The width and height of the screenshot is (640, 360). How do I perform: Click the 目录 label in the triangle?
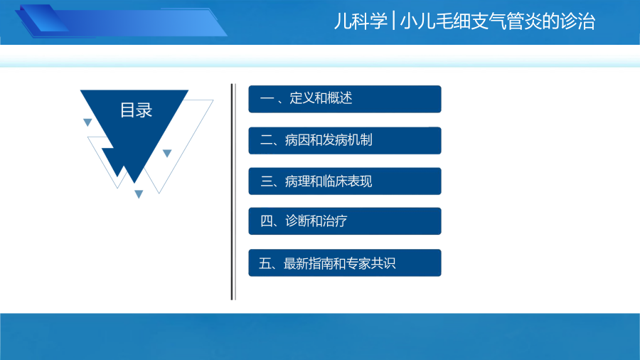click(x=136, y=110)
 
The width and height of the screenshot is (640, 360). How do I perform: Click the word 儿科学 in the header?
click(x=361, y=21)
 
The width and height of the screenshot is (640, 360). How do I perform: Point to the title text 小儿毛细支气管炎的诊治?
click(x=498, y=21)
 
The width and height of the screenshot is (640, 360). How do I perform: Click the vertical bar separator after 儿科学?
click(x=393, y=21)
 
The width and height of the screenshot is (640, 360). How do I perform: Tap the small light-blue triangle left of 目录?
click(x=87, y=122)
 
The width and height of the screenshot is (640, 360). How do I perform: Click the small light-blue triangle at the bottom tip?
click(x=139, y=194)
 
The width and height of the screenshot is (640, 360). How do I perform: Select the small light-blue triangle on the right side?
click(x=167, y=153)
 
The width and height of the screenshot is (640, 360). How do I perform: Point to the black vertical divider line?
click(x=233, y=192)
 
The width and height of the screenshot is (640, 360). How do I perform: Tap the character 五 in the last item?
click(x=265, y=263)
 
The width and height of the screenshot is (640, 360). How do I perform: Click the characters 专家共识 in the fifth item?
click(x=371, y=263)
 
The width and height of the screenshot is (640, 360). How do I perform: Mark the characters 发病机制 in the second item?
click(x=347, y=140)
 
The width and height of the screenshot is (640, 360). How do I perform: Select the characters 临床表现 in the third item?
click(x=347, y=181)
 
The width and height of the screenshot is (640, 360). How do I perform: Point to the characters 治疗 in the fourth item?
click(x=335, y=221)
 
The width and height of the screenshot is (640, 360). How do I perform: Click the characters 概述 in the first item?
click(x=340, y=98)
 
